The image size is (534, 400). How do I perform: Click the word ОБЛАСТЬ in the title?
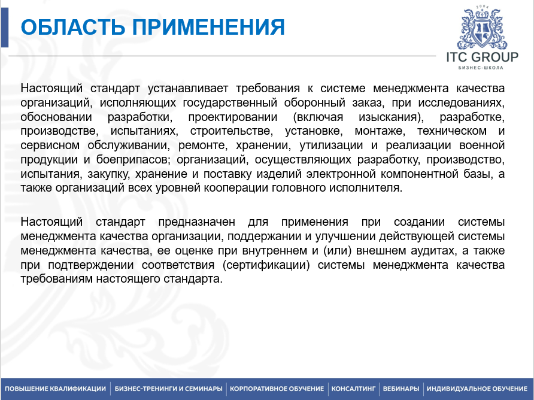(73, 27)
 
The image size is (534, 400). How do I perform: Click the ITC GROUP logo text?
(483, 57)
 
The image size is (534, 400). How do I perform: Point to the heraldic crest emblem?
(483, 28)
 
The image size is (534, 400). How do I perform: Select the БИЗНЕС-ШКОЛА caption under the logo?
(481, 68)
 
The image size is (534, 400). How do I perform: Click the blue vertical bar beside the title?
(4, 28)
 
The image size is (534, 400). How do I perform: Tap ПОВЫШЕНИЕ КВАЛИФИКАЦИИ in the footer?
(56, 389)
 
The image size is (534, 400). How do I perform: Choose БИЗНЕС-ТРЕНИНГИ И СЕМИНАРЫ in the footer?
(169, 389)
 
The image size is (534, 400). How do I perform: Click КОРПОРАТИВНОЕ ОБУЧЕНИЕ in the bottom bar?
(277, 389)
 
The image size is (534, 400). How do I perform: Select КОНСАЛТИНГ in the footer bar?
(353, 389)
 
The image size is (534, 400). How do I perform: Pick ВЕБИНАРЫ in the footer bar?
(401, 389)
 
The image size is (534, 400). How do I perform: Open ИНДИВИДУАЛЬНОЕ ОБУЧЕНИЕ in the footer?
(477, 389)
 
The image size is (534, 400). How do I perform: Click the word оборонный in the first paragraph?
(315, 102)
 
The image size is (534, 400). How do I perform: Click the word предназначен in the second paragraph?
(196, 222)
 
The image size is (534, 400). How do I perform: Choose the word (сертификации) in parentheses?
(266, 265)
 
